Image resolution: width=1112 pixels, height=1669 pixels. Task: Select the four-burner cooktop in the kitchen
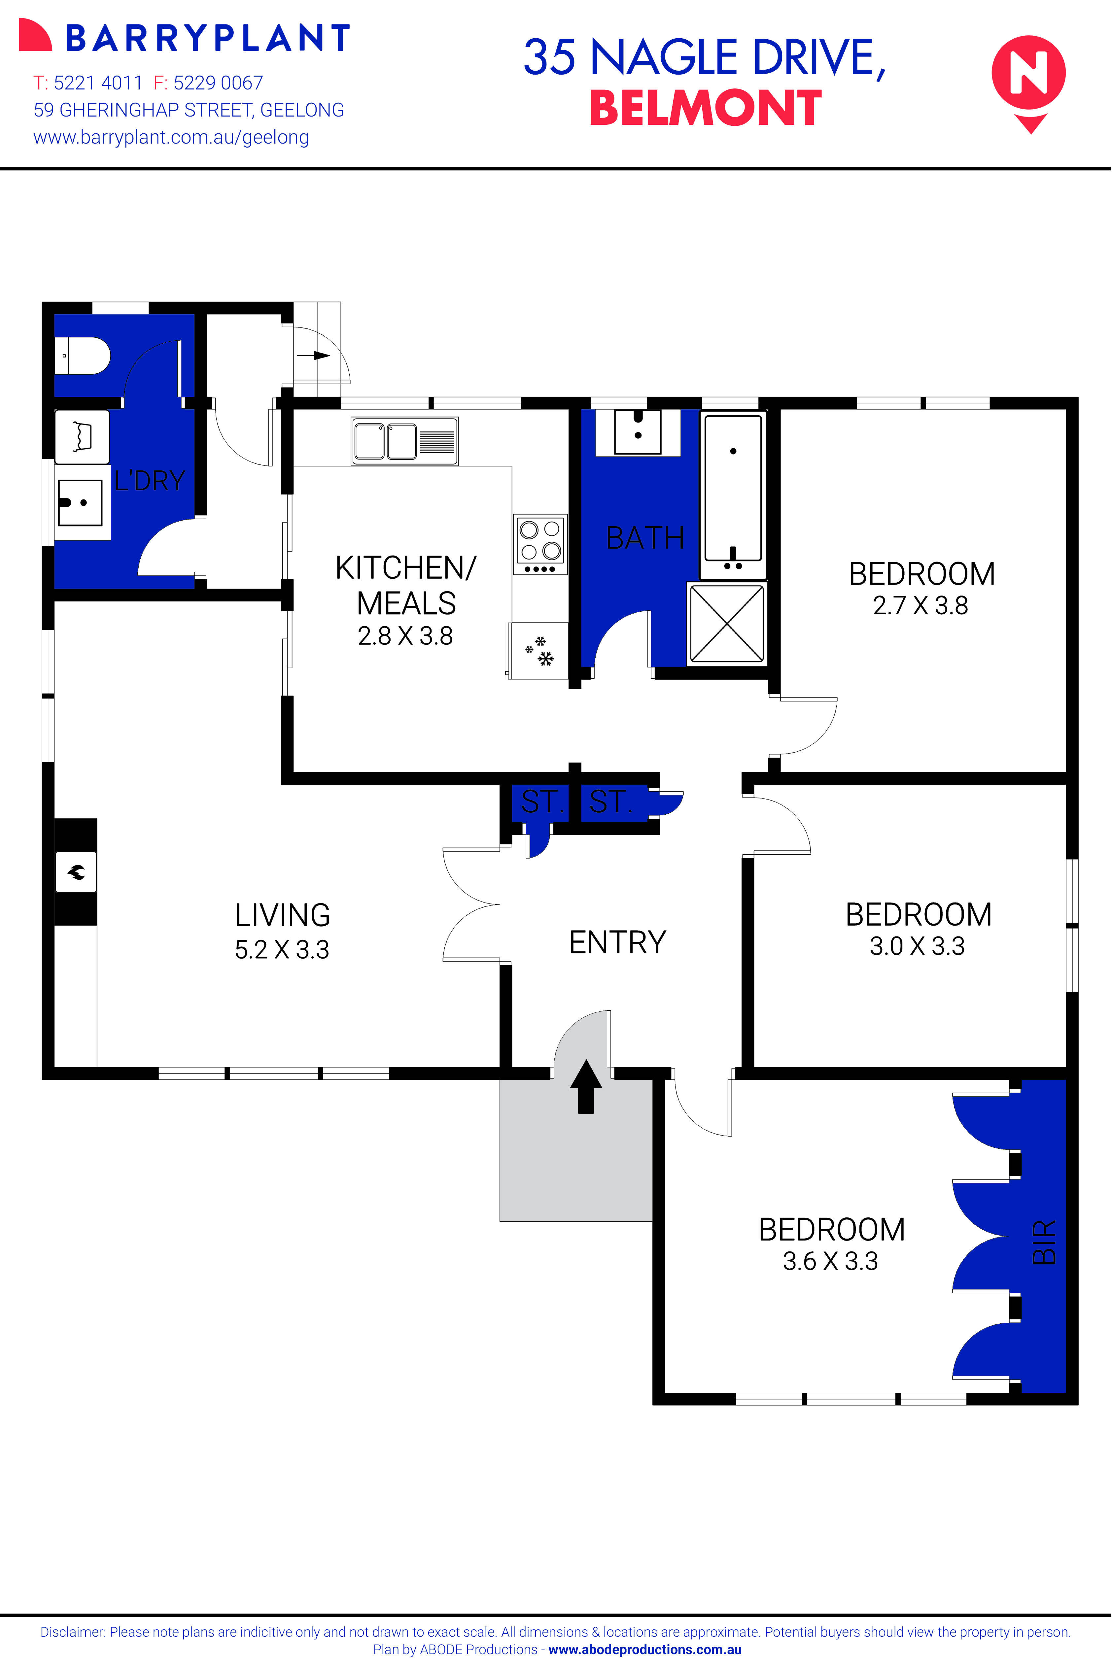coord(540,544)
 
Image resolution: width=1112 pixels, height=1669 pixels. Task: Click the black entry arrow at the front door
coord(586,1086)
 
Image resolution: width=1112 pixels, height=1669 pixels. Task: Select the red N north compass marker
coord(1028,76)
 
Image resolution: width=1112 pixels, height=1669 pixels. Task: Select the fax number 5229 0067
coord(218,83)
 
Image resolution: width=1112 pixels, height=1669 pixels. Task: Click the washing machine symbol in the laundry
coord(82,436)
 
